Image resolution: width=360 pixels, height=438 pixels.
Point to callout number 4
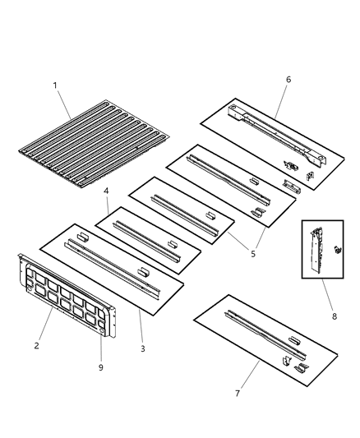point(106,191)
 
